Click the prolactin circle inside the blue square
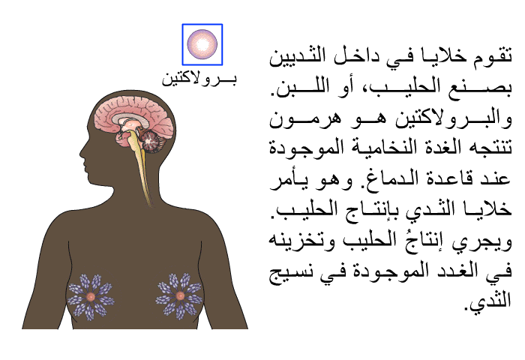pos(202,44)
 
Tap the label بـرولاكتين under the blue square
pos(199,79)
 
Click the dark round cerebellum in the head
pos(150,141)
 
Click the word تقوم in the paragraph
pos(491,56)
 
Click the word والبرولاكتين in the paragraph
pos(453,118)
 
